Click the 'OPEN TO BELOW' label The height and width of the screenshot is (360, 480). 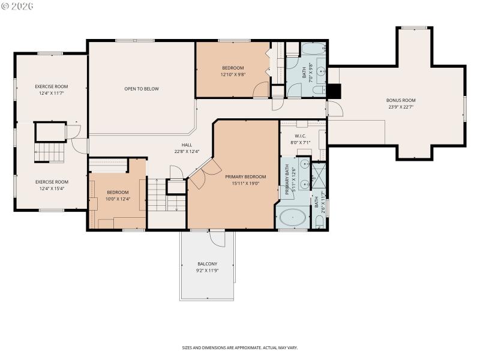coord(142,89)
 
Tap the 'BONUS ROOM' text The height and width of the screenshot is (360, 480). coord(400,100)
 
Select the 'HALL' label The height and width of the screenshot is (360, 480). coord(187,145)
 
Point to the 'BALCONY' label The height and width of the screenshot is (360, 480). coord(208,264)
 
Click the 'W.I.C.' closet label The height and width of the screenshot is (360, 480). coord(301,136)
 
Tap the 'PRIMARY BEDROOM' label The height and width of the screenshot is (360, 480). coord(245,176)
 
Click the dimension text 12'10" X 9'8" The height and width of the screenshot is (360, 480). coord(233,74)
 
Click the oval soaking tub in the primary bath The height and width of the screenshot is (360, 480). coord(292,217)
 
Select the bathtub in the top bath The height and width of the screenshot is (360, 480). coord(313,49)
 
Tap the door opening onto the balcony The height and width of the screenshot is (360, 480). coord(217,238)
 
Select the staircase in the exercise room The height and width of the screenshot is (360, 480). coord(49,152)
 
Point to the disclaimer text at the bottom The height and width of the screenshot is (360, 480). coord(240,347)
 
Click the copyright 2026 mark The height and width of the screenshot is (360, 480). coord(17,6)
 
